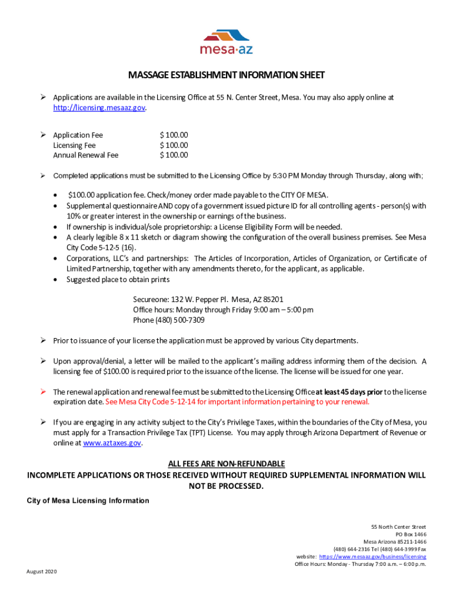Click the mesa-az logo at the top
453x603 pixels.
click(226, 41)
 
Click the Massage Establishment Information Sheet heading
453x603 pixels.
click(226, 75)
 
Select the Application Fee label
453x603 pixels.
click(78, 135)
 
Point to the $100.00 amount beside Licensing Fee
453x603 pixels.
click(174, 145)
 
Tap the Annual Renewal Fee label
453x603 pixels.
click(86, 155)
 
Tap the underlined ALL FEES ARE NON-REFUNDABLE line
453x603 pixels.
click(226, 464)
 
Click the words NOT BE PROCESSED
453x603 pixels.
click(226, 486)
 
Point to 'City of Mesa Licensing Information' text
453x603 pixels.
click(88, 501)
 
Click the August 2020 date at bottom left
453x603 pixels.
click(42, 572)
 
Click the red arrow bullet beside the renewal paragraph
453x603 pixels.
click(43, 392)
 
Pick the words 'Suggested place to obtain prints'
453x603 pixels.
click(118, 279)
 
